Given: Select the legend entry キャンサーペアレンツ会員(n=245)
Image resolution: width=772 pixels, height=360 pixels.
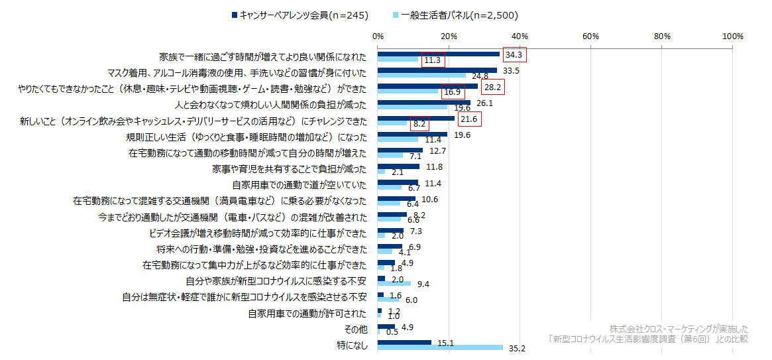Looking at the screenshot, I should [303, 15].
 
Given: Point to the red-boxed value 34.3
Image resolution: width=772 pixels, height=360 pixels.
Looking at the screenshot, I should [514, 54].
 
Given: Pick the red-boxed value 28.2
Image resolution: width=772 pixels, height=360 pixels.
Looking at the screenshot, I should [492, 86].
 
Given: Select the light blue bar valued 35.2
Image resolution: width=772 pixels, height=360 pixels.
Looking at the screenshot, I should [440, 347].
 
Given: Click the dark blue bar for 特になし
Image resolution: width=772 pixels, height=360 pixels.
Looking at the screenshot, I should [404, 342].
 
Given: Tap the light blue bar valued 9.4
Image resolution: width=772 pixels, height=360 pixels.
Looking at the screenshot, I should [394, 283].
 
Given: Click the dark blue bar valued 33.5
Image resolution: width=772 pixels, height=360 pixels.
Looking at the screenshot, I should [437, 70].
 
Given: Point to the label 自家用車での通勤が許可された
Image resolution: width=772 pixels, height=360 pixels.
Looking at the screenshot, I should [307, 313].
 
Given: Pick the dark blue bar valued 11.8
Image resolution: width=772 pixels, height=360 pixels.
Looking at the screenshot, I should [398, 166].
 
